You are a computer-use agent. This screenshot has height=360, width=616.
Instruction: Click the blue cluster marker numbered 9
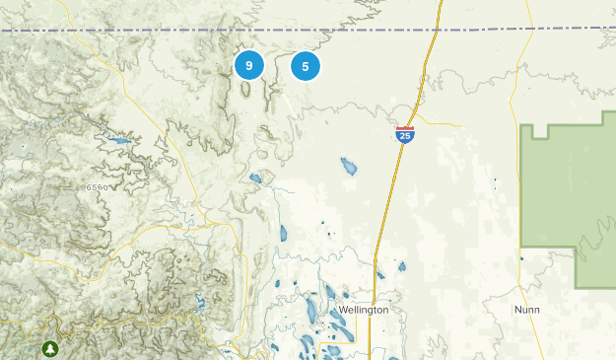point(249,66)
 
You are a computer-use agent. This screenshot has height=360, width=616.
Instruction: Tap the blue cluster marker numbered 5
point(306,66)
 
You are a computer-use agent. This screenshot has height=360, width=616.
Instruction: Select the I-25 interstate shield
point(404,135)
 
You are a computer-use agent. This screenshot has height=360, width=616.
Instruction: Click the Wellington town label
point(363,310)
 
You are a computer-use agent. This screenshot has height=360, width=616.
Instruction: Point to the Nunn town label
point(527,310)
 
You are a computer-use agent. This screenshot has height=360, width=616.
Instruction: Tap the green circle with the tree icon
point(49,348)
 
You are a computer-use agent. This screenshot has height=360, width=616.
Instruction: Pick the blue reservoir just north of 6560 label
point(118,141)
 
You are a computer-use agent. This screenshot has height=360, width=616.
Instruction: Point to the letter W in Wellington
point(342,310)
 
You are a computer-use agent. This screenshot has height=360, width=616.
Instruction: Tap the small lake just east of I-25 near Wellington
point(401,265)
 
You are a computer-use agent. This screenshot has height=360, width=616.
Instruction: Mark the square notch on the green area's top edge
point(539,131)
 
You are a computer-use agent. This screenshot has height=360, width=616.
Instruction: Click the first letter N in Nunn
point(517,310)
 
